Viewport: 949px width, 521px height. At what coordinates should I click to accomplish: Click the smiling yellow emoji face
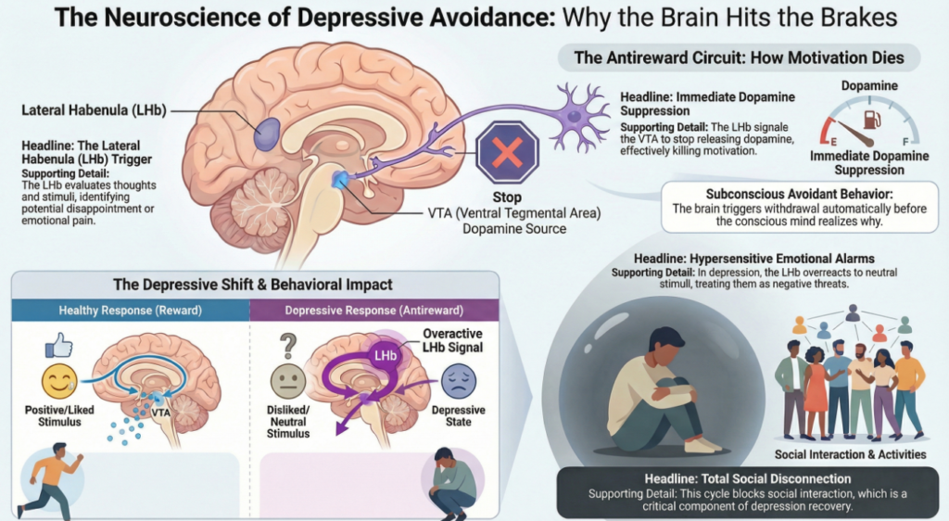pos(57,381)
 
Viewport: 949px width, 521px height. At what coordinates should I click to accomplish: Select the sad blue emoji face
pos(458,382)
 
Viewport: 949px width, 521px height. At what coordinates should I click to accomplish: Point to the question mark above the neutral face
pos(287,346)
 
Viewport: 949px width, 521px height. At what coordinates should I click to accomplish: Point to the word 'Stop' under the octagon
pos(508,197)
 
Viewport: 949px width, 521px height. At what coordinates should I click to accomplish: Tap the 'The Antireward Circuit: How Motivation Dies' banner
pos(739,57)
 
